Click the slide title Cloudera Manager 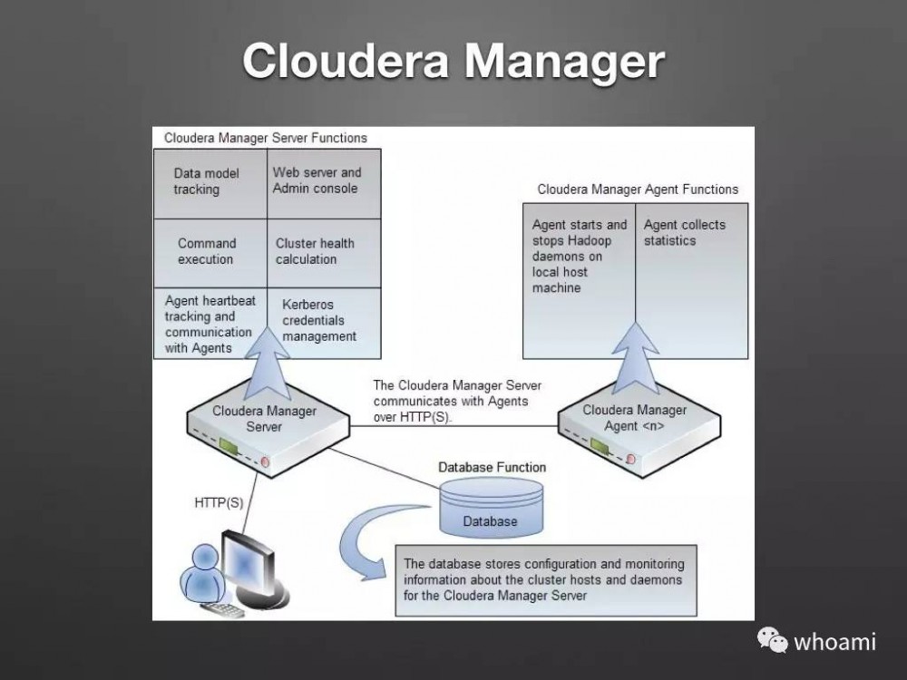(x=453, y=61)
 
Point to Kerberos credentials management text (x=318, y=320)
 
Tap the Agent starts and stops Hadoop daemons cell (x=580, y=256)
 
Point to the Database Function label (x=493, y=467)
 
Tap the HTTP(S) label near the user (x=219, y=500)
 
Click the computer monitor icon (x=247, y=568)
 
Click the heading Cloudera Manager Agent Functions (x=638, y=189)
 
